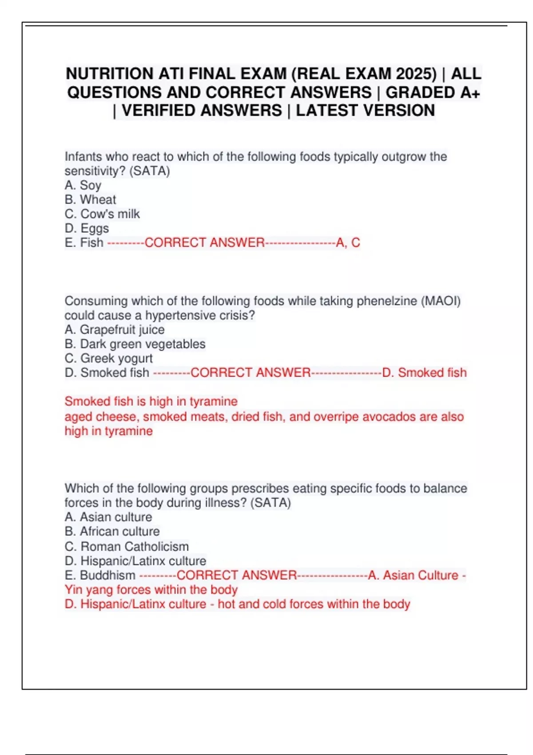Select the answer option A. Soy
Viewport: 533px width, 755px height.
(x=83, y=185)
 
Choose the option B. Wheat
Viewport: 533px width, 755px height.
(x=90, y=199)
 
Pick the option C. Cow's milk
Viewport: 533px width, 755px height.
(x=102, y=214)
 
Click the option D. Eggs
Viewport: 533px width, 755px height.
(x=87, y=228)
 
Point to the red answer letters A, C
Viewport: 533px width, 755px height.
(x=348, y=242)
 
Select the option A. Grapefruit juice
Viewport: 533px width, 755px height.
(x=115, y=330)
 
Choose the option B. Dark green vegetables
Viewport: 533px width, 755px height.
(x=135, y=344)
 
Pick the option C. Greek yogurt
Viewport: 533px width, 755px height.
(x=109, y=358)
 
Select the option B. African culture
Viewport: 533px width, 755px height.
(x=112, y=532)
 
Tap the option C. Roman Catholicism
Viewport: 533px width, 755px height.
(x=127, y=546)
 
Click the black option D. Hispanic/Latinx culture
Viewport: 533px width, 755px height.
(x=135, y=561)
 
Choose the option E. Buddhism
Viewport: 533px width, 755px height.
(x=100, y=575)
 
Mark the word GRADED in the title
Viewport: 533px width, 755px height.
(x=420, y=92)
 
